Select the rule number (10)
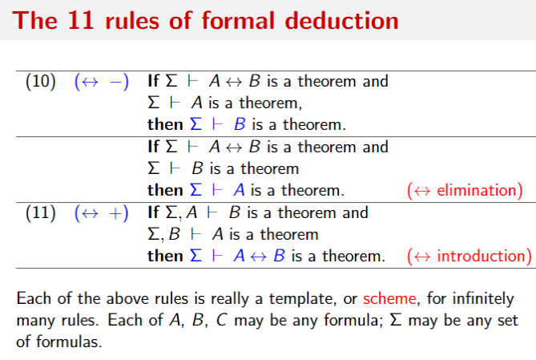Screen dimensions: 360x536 tap(41, 82)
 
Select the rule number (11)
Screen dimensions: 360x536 tap(41, 213)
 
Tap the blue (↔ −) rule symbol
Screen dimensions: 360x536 tap(101, 82)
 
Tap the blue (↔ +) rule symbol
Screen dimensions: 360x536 tap(101, 213)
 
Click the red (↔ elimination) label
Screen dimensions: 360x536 tap(465, 191)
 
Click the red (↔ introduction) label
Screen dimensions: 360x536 tap(469, 257)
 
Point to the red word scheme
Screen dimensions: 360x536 tap(389, 299)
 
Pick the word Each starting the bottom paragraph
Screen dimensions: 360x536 tap(33, 299)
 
